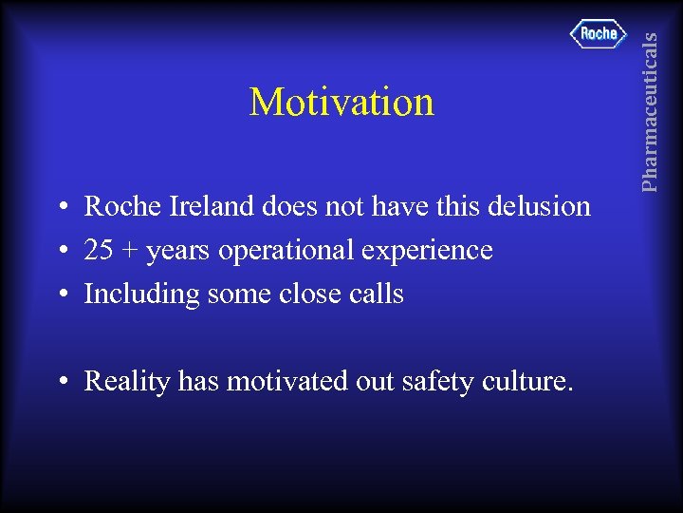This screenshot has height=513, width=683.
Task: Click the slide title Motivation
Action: (341, 102)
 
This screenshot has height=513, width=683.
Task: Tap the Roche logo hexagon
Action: (598, 34)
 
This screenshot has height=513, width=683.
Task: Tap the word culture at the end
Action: (526, 382)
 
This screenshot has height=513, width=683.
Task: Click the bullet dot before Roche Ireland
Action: (60, 207)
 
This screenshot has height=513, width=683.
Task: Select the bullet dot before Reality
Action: (60, 383)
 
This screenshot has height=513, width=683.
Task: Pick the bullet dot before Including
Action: (60, 295)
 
